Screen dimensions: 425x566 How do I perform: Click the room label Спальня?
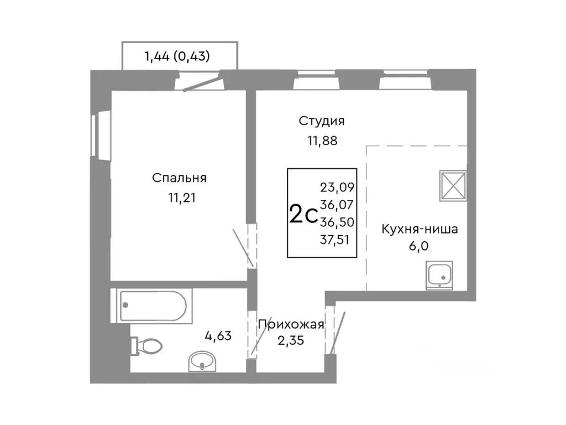click(x=179, y=178)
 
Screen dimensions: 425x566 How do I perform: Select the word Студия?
click(x=322, y=121)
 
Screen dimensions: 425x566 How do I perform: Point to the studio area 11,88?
click(x=322, y=140)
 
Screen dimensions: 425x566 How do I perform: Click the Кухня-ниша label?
click(x=420, y=229)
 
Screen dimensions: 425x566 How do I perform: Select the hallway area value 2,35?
click(x=291, y=339)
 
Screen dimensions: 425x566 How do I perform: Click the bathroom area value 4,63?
click(x=219, y=335)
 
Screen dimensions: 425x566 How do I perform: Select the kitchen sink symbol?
click(x=439, y=275)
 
